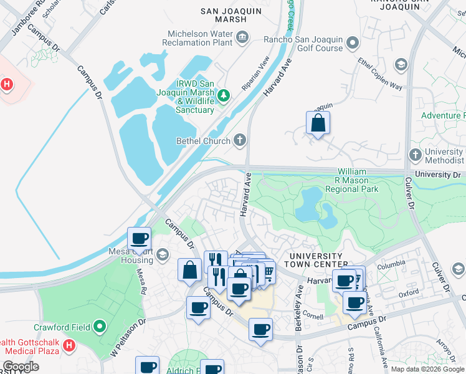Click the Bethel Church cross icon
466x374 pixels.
tap(240, 140)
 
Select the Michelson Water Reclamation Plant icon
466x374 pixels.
tap(242, 38)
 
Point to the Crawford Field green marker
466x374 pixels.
tap(99, 326)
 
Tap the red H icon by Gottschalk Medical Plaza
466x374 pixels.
tap(69, 344)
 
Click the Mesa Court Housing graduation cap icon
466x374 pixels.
tap(162, 254)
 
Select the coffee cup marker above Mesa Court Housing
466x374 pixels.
tap(139, 238)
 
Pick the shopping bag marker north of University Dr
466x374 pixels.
tap(318, 123)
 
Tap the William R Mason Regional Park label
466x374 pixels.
tap(358, 180)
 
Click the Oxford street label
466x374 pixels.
tap(409, 292)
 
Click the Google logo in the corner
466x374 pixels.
tap(21, 367)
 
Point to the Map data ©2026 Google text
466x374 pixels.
tap(427, 369)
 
